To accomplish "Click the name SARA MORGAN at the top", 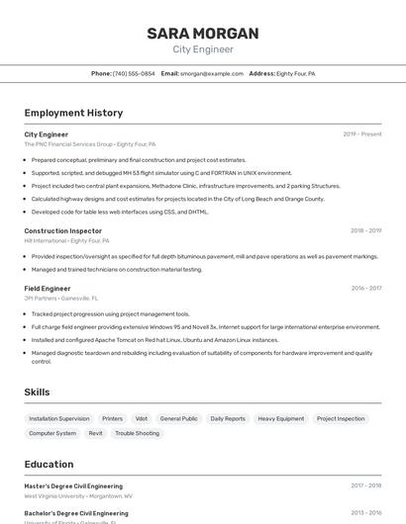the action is pos(203,34).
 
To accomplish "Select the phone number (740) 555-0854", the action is pos(134,73).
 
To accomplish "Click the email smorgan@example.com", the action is pos(210,73).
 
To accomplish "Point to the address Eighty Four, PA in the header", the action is pos(295,73).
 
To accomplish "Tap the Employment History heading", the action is pos(73,113).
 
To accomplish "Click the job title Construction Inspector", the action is pos(62,230).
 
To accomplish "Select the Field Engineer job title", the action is pos(48,289).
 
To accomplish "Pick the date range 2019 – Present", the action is pos(361,134).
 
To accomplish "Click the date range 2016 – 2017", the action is pos(365,289).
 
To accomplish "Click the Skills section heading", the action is pos(38,393).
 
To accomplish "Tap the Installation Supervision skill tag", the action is pos(59,418).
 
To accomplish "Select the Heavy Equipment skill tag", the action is pos(281,418).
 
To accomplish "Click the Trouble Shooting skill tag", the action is pos(137,433).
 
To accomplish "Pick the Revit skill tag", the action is pos(95,433).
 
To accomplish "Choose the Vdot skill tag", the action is pos(142,418).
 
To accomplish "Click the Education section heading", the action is pos(49,464).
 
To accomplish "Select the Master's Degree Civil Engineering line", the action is pos(73,486).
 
